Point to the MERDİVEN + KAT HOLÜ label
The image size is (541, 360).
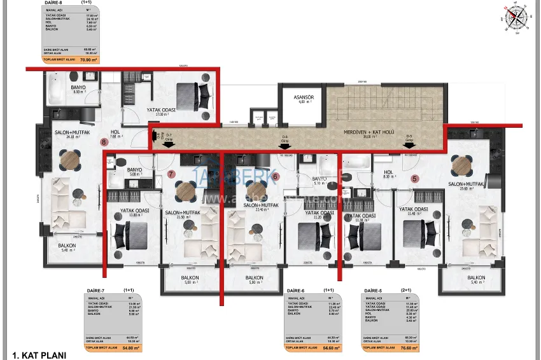click(378, 134)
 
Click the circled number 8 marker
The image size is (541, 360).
click(104, 142)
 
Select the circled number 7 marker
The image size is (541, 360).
click(170, 173)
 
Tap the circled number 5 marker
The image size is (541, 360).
click(414, 179)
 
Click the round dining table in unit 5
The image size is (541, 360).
click(460, 167)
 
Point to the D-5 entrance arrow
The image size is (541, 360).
click(410, 144)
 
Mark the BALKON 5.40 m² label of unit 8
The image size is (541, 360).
click(67, 246)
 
